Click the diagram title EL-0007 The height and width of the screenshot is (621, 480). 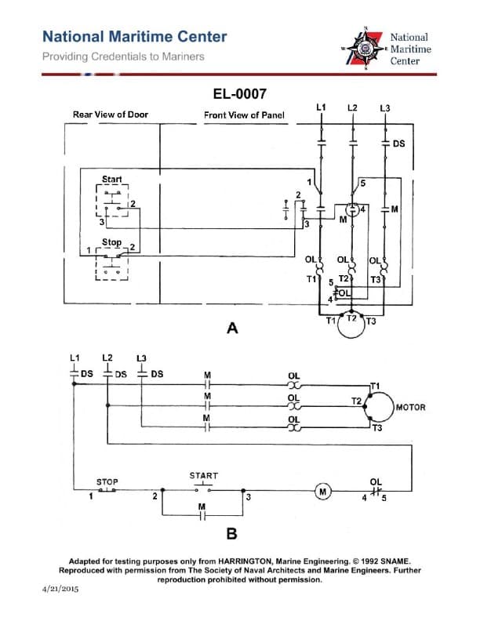239,94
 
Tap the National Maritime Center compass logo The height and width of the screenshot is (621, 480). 365,49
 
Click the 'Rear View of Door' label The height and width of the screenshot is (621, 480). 110,114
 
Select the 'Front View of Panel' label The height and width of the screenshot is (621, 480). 244,115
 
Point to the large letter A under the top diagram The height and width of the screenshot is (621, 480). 232,329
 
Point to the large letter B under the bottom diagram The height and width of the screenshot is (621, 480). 232,534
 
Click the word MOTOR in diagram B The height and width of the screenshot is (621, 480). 411,408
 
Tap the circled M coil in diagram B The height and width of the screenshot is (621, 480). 322,492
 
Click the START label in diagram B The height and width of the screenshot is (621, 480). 203,475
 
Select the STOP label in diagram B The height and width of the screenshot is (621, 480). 107,481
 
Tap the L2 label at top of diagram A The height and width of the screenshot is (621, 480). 352,107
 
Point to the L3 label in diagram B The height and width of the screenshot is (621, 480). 141,358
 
